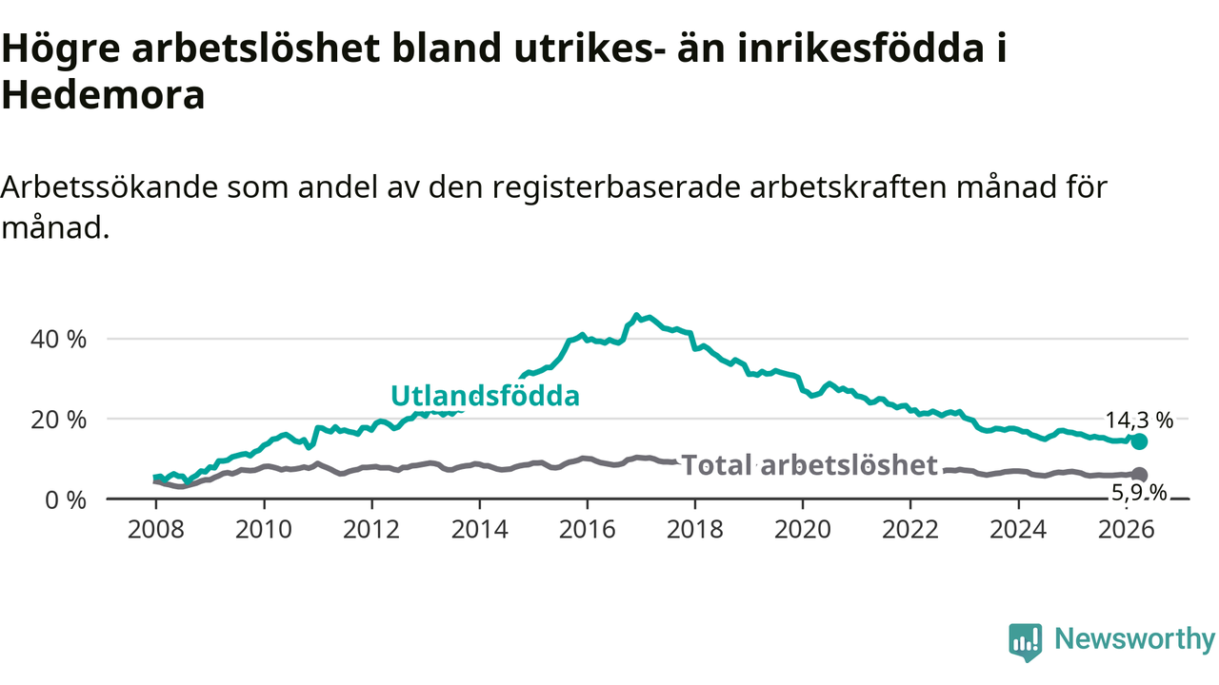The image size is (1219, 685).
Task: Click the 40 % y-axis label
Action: pyautogui.click(x=58, y=340)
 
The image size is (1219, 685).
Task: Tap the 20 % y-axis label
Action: pyautogui.click(x=58, y=420)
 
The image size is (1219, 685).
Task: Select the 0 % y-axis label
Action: pyautogui.click(x=66, y=500)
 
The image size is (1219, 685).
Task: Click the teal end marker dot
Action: pyautogui.click(x=1139, y=441)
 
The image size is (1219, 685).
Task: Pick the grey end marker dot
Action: pyautogui.click(x=1139, y=475)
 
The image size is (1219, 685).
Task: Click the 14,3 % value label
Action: pyautogui.click(x=1138, y=421)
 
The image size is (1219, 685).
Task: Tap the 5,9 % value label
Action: pyautogui.click(x=1139, y=493)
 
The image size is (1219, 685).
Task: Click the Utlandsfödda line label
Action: pyautogui.click(x=485, y=395)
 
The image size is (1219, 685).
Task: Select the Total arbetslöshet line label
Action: pyautogui.click(x=809, y=465)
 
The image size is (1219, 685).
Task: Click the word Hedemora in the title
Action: pyautogui.click(x=104, y=94)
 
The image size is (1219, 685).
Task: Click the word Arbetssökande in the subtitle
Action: pyautogui.click(x=109, y=187)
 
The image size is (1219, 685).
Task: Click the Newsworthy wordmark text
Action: pyautogui.click(x=1134, y=638)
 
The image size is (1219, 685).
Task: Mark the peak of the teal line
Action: pyautogui.click(x=636, y=315)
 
